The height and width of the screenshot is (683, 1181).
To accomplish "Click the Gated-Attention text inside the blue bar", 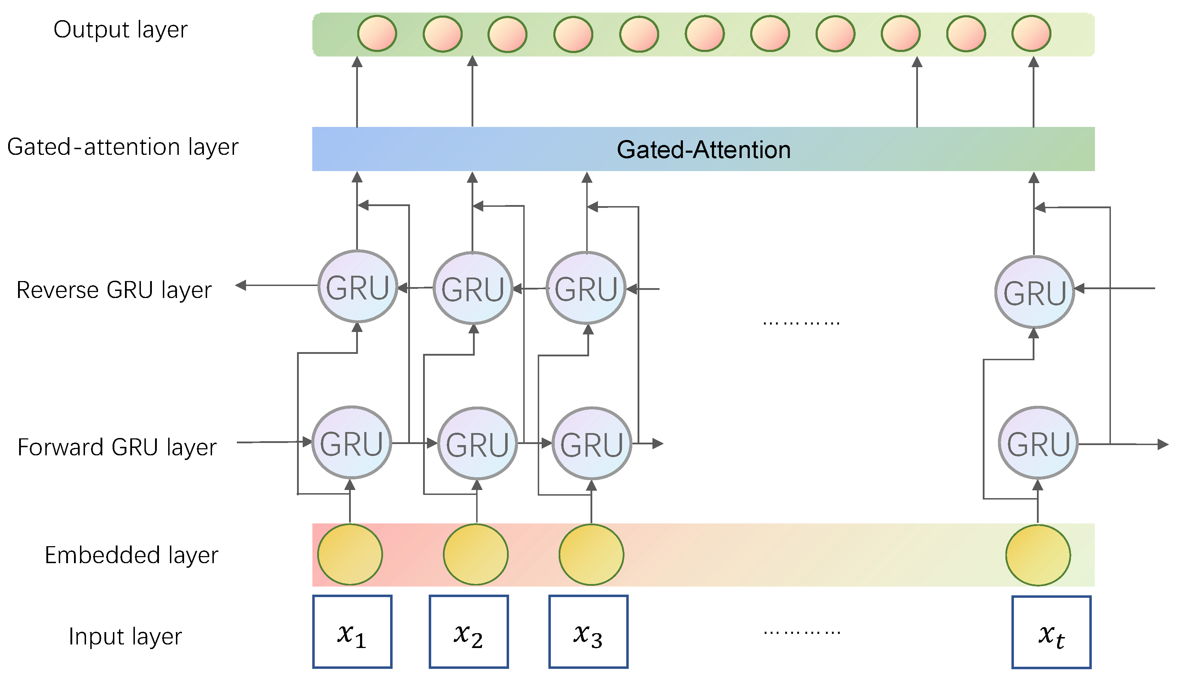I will tap(703, 150).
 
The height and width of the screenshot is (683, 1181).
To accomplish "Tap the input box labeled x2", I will tap(469, 631).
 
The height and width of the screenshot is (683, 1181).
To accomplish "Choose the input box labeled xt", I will tap(1051, 632).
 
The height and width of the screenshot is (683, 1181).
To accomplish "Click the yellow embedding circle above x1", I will tap(350, 555).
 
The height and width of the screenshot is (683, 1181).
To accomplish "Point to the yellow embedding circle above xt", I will tap(1038, 555).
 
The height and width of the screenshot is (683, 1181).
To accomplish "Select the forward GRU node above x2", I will tap(477, 443).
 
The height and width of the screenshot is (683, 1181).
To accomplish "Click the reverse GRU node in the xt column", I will tap(1034, 292).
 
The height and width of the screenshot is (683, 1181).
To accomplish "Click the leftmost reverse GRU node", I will tap(358, 286).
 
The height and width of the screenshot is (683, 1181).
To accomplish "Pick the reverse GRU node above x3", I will tap(586, 288).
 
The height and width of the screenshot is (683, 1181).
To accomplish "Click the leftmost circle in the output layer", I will tap(377, 34).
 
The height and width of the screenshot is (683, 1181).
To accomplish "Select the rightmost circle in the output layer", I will tap(1031, 34).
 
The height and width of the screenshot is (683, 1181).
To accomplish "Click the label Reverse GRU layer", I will tap(114, 290).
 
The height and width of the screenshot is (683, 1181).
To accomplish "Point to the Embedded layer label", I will tap(131, 555).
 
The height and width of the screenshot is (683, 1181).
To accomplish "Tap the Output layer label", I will tap(120, 29).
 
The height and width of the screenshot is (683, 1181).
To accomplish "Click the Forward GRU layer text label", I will tap(117, 447).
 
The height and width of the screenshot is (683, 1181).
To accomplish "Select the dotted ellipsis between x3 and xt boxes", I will tap(801, 632).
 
